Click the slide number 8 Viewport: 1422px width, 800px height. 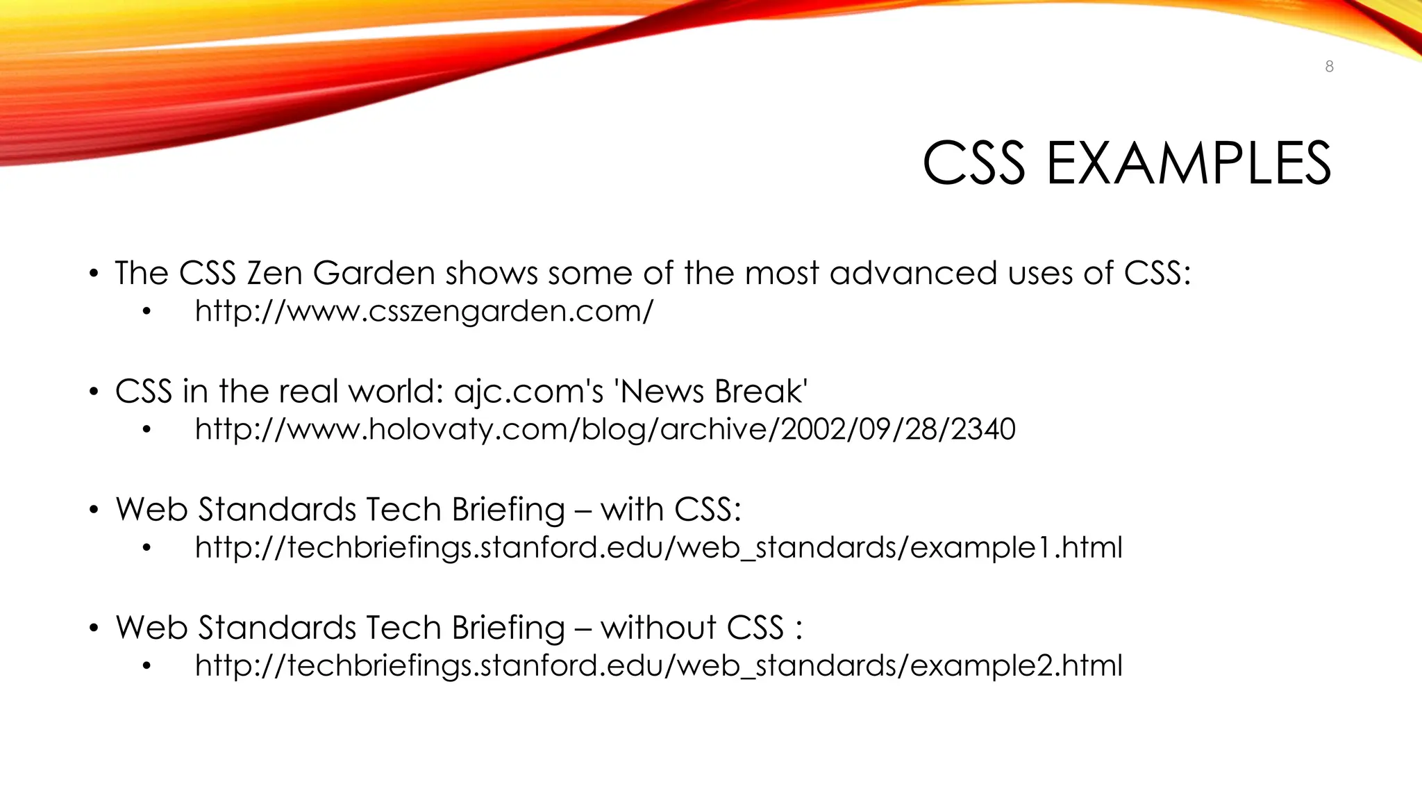pyautogui.click(x=1329, y=67)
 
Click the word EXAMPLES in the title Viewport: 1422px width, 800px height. pyautogui.click(x=1188, y=164)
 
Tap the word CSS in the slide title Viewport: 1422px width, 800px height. pyautogui.click(x=973, y=164)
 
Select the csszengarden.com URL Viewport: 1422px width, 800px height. pyautogui.click(x=424, y=311)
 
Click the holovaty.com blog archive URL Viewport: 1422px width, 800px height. pyautogui.click(x=605, y=429)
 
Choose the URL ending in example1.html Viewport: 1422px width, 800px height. pyautogui.click(x=658, y=548)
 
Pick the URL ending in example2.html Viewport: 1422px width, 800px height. pyautogui.click(x=658, y=666)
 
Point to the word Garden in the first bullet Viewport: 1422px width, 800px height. pyautogui.click(x=374, y=273)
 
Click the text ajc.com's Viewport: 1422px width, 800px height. pyautogui.click(x=528, y=392)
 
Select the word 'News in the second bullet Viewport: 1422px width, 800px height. pyautogui.click(x=660, y=392)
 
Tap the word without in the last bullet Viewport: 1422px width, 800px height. pyautogui.click(x=658, y=628)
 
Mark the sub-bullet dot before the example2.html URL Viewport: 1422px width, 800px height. pyautogui.click(x=146, y=667)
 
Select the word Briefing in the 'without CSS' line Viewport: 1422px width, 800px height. pyautogui.click(x=508, y=628)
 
